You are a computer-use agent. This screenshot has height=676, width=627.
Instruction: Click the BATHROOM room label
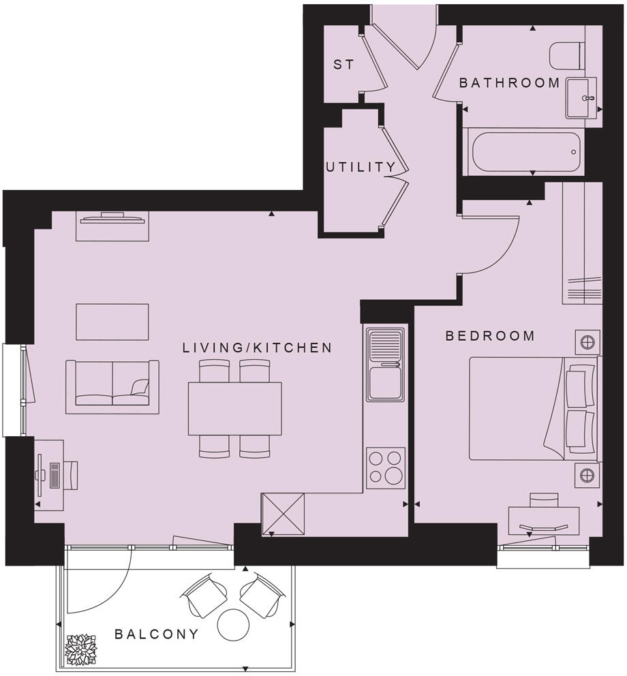509,83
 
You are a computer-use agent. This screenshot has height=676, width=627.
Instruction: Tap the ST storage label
343,65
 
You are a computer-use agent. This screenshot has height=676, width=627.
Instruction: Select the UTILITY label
360,167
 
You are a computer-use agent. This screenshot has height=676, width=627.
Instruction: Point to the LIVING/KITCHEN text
257,348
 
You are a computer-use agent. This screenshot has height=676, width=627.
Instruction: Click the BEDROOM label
490,336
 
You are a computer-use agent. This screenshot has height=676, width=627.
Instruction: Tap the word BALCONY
157,634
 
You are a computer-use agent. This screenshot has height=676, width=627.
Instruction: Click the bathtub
523,151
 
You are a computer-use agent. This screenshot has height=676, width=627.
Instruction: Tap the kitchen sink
386,365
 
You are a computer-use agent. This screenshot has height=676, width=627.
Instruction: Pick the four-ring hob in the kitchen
386,467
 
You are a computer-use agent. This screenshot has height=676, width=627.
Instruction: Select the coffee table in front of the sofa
112,322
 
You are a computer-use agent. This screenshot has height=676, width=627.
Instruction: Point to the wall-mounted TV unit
112,225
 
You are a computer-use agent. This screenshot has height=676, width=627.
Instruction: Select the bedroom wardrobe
582,245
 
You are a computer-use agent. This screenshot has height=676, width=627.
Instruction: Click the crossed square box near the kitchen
283,514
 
